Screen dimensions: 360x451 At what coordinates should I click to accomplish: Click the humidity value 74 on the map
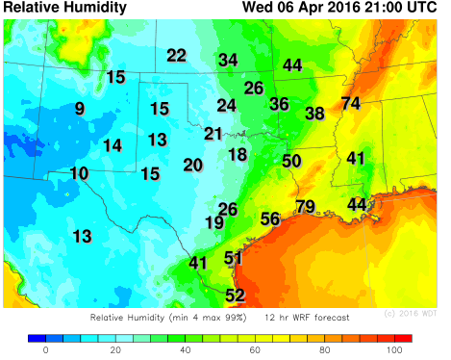pos(351,103)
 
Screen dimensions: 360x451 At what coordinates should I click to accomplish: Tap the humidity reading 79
pos(306,206)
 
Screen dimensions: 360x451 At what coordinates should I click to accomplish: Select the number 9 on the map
pos(79,109)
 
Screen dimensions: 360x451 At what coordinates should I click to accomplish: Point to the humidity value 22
pos(176,55)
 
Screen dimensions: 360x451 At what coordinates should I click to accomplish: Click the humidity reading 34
pos(228,60)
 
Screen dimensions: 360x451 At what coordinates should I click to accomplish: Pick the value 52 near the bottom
pos(235,296)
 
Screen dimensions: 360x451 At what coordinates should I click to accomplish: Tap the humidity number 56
pos(270,219)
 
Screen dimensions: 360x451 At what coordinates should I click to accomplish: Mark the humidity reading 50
pos(292,161)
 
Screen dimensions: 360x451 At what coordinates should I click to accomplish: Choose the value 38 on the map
pos(314,114)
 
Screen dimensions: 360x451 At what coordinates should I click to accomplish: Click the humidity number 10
pos(79,173)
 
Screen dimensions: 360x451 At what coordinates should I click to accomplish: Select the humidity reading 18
pos(238,154)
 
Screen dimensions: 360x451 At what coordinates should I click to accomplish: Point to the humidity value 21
pos(213,134)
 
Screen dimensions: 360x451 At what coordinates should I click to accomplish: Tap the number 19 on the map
pos(214,222)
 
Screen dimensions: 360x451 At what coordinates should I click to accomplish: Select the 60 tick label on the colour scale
pos(255,351)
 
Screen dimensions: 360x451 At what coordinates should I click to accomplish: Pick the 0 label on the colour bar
pos(45,351)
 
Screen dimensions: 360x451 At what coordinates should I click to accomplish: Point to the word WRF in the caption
pos(299,317)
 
